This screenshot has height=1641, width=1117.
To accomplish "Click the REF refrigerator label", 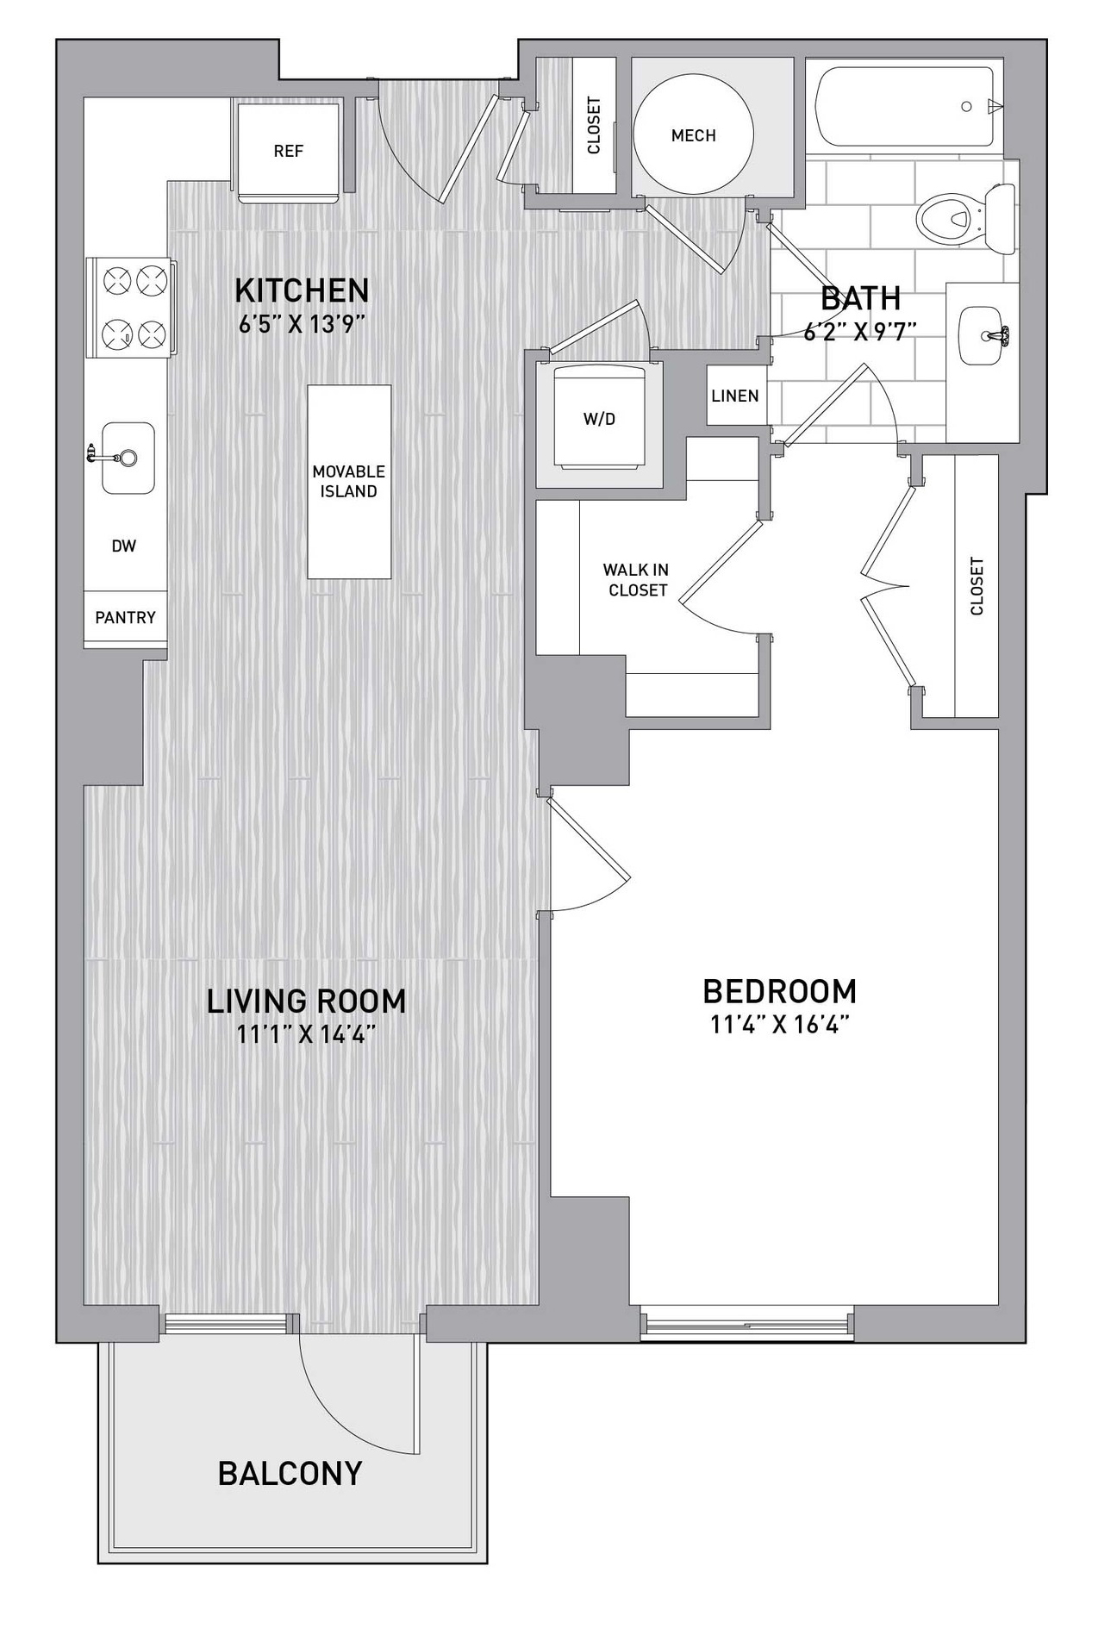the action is [288, 151].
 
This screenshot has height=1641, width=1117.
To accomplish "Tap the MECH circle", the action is [693, 135].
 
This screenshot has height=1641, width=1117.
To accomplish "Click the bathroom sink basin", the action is [983, 336].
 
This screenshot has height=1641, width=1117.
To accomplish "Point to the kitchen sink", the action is [128, 458].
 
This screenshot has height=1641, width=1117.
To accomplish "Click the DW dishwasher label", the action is [123, 546].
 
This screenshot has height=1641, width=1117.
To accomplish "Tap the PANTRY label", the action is [125, 617].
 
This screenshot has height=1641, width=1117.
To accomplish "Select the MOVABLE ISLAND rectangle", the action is [349, 482].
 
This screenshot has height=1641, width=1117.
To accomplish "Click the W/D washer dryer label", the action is [600, 420].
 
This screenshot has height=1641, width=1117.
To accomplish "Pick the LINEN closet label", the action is [735, 396].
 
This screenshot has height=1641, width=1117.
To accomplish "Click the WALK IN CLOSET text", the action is [636, 580].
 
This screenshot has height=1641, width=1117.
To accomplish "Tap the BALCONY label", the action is [290, 1474].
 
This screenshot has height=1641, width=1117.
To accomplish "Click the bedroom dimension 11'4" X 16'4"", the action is [780, 1025].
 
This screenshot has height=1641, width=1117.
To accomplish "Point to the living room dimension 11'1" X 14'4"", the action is [306, 1033].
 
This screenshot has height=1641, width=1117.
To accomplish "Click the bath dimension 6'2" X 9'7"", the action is [859, 332].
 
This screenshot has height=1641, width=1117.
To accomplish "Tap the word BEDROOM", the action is [780, 991].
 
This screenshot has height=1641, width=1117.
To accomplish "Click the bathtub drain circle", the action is [966, 107].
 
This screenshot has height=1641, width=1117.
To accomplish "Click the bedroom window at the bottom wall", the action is [747, 1323].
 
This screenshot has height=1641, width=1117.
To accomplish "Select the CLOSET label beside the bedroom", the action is [977, 586].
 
